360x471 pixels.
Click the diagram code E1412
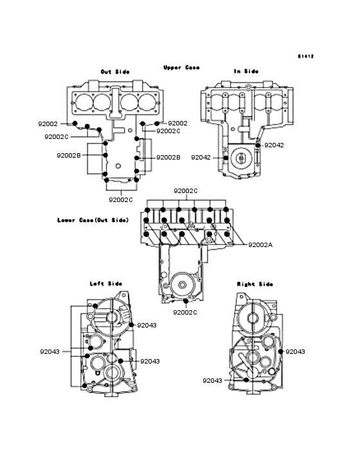[x=306, y=56]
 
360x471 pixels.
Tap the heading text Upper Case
[x=181, y=68]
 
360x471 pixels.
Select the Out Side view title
[x=115, y=72]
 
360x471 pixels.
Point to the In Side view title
[x=246, y=71]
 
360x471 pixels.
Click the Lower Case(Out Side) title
[x=93, y=220]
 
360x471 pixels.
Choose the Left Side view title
[x=106, y=284]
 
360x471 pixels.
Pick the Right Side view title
[x=255, y=284]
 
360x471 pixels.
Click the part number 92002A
[x=260, y=245]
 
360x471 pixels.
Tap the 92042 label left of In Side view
[x=201, y=158]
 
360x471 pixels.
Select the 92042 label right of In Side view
[x=274, y=145]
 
